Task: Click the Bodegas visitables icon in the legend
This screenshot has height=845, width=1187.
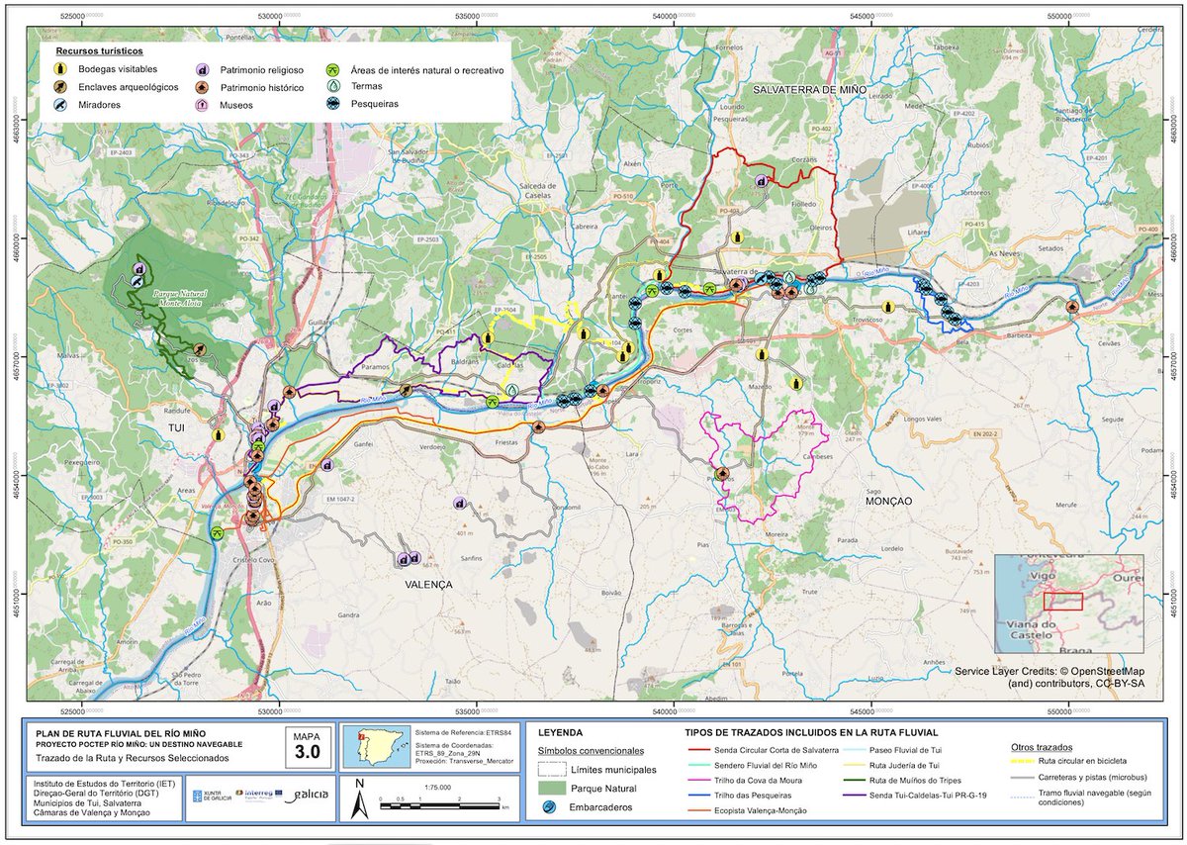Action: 61,70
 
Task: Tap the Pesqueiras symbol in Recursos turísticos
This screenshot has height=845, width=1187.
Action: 336,103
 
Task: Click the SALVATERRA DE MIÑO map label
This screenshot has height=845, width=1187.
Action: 809,90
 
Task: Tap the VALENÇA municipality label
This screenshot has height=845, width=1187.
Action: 427,585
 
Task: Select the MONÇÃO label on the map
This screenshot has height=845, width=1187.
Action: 888,502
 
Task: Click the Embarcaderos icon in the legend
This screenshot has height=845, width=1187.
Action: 550,807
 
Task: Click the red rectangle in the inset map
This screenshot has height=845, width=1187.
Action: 1062,601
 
